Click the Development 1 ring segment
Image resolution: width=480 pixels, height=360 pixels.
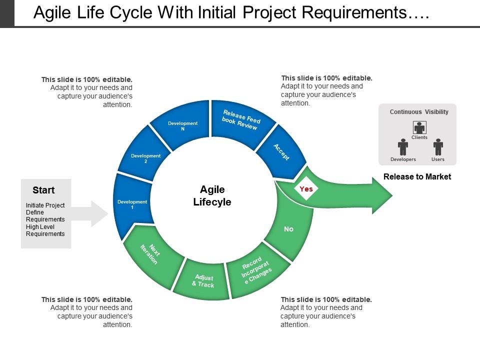[132, 204]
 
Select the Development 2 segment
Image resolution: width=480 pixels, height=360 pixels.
[145, 158]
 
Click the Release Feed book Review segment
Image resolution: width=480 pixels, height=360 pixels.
[241, 120]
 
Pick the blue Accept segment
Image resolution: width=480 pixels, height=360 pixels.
[281, 151]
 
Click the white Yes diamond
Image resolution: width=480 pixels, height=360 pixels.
[306, 189]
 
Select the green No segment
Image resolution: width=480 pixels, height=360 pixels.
[289, 228]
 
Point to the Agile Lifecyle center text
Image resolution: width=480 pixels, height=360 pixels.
[212, 195]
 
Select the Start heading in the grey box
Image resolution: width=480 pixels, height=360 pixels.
[43, 190]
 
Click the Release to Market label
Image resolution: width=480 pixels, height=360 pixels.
[417, 176]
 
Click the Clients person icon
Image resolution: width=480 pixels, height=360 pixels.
[419, 127]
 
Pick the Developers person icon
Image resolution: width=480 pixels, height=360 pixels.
[403, 147]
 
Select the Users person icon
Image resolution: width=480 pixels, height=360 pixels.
[438, 147]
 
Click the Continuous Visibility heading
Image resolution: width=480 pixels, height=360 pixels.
[419, 112]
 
